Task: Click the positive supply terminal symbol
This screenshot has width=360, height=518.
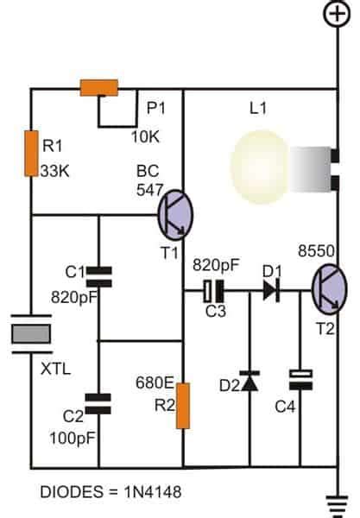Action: click(x=336, y=15)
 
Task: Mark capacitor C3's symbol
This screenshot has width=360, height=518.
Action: click(x=213, y=292)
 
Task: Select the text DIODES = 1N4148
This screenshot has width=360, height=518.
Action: click(x=99, y=491)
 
